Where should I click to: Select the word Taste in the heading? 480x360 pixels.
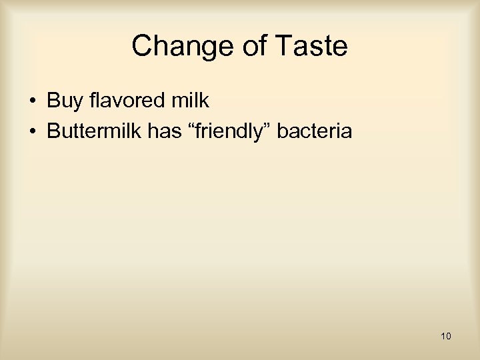(x=310, y=47)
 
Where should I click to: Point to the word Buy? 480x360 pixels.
(x=64, y=101)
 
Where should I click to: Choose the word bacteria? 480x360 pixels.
(x=314, y=131)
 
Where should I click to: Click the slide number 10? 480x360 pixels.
(x=446, y=336)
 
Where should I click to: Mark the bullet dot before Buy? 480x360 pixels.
(x=32, y=102)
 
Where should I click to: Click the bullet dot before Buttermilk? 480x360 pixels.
(x=32, y=132)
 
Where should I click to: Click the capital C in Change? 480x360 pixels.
(x=141, y=47)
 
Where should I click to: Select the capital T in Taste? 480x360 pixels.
(x=281, y=47)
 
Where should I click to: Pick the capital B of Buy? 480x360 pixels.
(x=53, y=101)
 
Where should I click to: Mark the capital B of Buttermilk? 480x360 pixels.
(x=53, y=131)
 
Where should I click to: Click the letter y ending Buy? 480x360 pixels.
(x=76, y=103)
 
